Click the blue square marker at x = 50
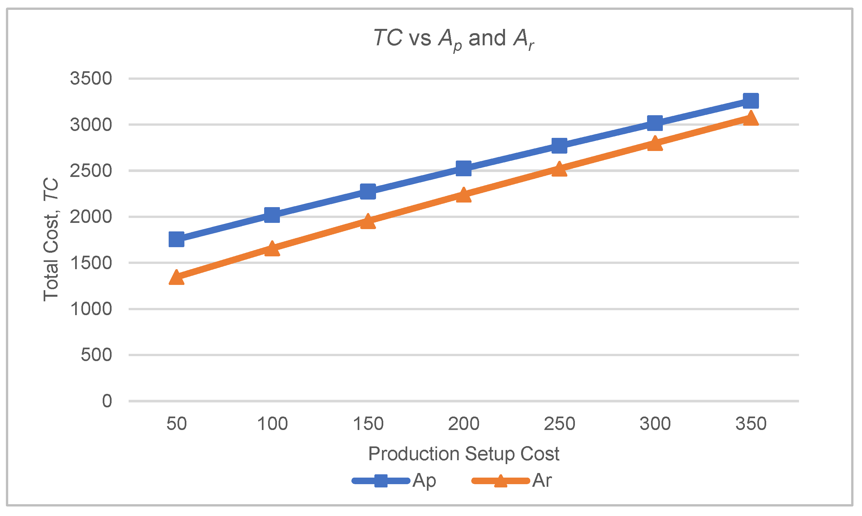(x=176, y=240)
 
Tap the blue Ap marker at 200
(x=463, y=169)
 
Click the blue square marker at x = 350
(x=750, y=101)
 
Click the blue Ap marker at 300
(x=655, y=123)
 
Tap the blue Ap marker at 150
(x=368, y=192)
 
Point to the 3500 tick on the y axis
(x=91, y=78)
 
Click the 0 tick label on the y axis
(x=107, y=401)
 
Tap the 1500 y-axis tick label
(x=91, y=263)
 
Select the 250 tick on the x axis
(x=559, y=424)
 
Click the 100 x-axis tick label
(x=272, y=424)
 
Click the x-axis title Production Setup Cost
(x=464, y=454)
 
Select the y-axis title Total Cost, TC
(x=51, y=240)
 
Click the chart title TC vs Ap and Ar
(x=453, y=39)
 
